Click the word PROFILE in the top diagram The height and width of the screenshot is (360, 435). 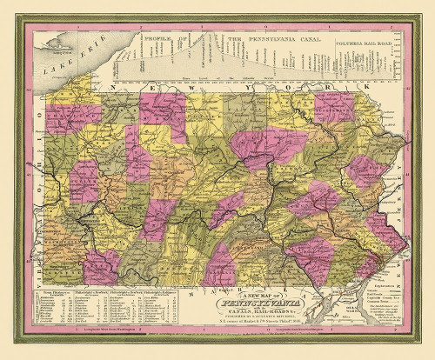157,39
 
